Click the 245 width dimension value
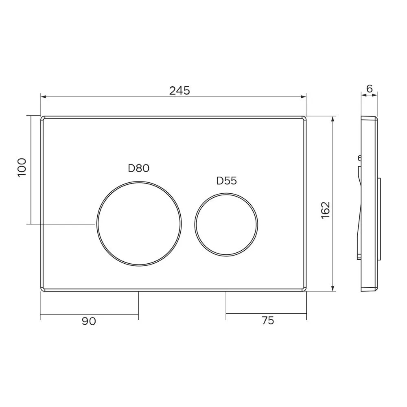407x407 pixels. (x=179, y=91)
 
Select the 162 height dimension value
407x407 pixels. (x=325, y=210)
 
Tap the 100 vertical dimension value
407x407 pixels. (x=22, y=167)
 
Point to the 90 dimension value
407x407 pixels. (x=89, y=321)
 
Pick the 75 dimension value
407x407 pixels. (x=268, y=321)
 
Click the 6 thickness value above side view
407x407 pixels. (x=370, y=88)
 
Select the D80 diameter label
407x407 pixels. (x=139, y=168)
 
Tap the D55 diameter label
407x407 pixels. (x=227, y=181)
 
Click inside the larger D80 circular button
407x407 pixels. (x=139, y=223)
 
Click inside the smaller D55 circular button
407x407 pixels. (x=226, y=225)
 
